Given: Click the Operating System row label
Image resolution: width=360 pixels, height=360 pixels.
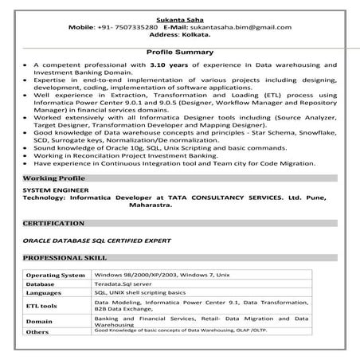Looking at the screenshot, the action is [x=55, y=275].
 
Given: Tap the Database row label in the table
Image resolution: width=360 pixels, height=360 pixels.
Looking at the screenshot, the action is [x=41, y=284].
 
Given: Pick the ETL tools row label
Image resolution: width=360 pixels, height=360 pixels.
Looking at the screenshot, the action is [x=41, y=305].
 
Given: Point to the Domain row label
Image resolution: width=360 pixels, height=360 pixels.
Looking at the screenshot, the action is [x=39, y=322].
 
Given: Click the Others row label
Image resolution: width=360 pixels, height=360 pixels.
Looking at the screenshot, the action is [x=37, y=332].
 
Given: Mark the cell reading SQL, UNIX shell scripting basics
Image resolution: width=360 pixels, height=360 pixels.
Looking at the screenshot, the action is [x=146, y=292].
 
